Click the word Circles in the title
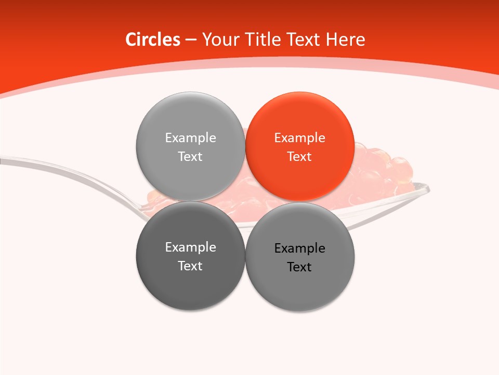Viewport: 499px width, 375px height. (x=152, y=40)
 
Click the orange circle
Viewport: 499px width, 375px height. (x=300, y=146)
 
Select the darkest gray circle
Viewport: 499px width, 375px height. (x=190, y=256)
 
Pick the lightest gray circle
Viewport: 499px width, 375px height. (x=190, y=146)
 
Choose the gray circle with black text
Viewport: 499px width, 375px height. (x=300, y=257)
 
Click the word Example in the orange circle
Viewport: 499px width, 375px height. (x=299, y=137)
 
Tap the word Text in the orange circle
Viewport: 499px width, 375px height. (x=299, y=156)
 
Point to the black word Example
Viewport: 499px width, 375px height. (x=299, y=248)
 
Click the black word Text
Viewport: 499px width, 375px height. (x=299, y=267)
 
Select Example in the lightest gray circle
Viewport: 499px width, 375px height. (x=190, y=137)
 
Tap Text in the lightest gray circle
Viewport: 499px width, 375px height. (x=190, y=156)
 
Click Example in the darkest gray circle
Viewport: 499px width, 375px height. (x=190, y=247)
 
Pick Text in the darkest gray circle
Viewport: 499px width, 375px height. (x=190, y=266)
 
